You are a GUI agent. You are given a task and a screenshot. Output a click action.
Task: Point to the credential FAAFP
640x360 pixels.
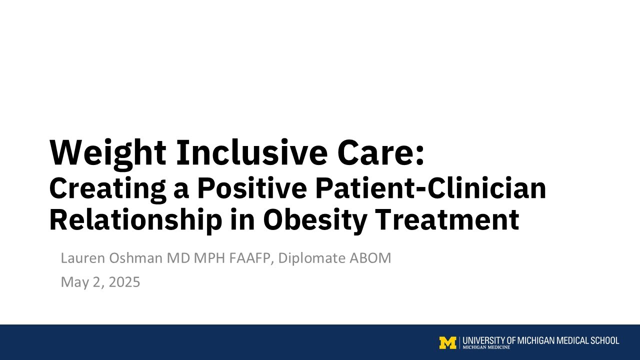click(x=252, y=258)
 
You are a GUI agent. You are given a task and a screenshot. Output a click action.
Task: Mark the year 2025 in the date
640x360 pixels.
click(x=124, y=282)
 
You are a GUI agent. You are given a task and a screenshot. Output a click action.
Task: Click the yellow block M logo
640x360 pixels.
click(x=447, y=342)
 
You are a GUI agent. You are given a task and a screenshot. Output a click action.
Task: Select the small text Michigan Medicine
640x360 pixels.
click(x=486, y=347)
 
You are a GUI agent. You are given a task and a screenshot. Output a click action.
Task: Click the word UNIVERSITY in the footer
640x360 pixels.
click(x=484, y=340)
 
